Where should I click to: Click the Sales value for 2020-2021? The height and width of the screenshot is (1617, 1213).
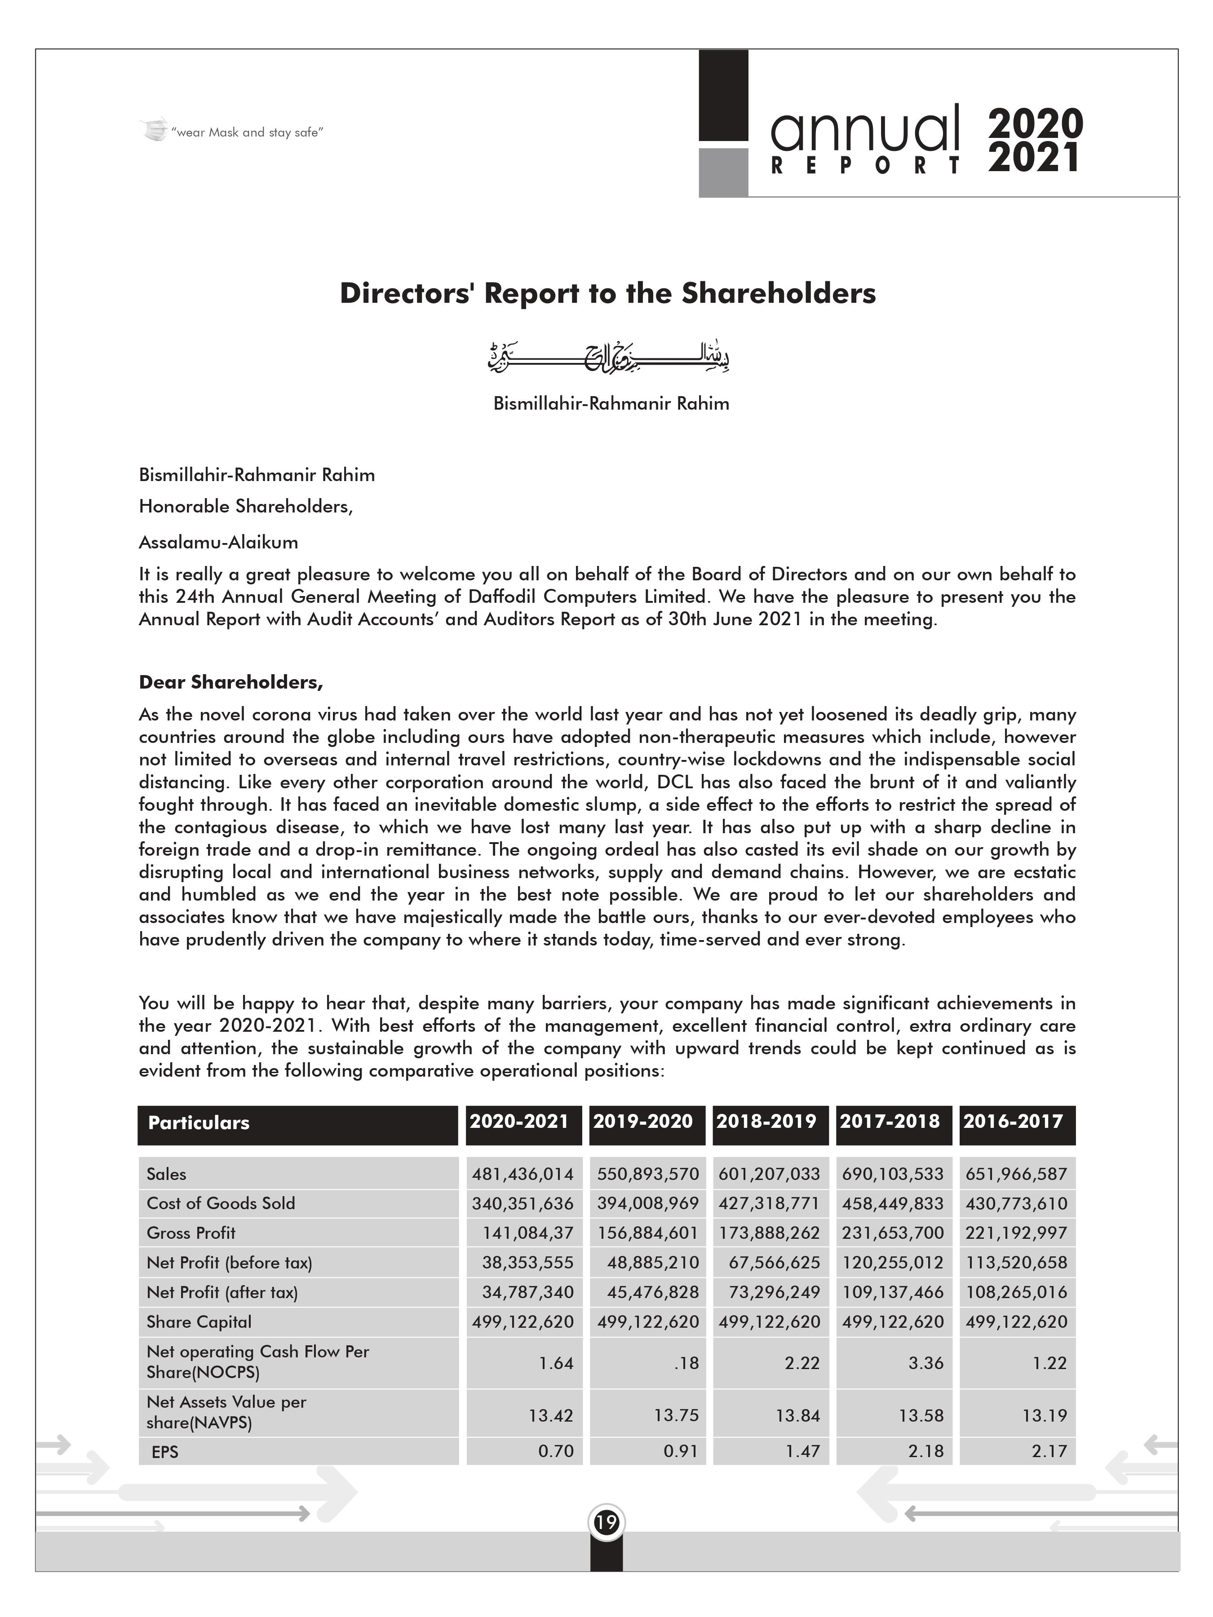pyautogui.click(x=522, y=1174)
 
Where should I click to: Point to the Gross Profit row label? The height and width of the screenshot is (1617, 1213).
pyautogui.click(x=191, y=1233)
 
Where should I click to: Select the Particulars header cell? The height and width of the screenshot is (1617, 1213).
pyautogui.click(x=199, y=1123)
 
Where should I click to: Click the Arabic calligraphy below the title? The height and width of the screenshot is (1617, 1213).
pyautogui.click(x=608, y=358)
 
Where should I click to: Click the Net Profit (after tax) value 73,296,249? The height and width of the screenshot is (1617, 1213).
pyautogui.click(x=775, y=1292)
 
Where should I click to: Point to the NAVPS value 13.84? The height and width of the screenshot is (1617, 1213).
pyautogui.click(x=798, y=1415)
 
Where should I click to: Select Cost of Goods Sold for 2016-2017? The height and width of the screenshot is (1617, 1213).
pyautogui.click(x=1016, y=1203)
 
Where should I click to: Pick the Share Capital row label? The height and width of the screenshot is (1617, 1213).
pyautogui.click(x=199, y=1321)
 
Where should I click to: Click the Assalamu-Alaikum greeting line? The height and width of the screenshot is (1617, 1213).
pyautogui.click(x=219, y=543)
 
